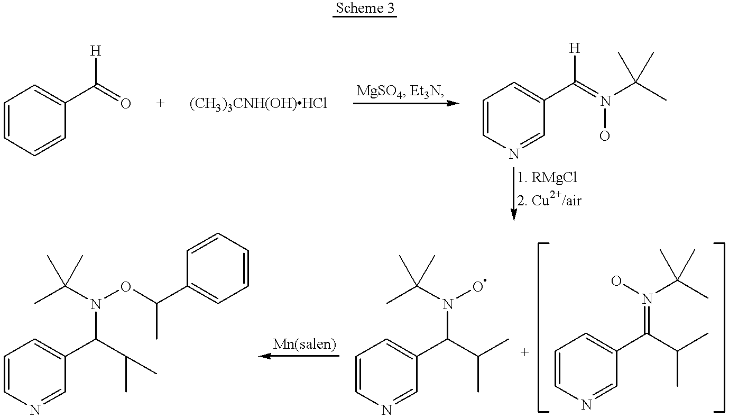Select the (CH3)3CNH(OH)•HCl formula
(x=258, y=104)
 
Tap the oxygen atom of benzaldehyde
(x=125, y=104)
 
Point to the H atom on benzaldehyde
(x=95, y=51)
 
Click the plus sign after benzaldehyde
(x=161, y=103)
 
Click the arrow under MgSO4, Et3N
(x=405, y=104)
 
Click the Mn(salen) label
(x=304, y=343)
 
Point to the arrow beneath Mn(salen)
(x=299, y=356)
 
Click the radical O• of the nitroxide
(x=478, y=286)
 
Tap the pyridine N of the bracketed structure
(x=585, y=405)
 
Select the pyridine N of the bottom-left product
(x=35, y=410)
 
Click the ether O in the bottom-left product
(x=125, y=286)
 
